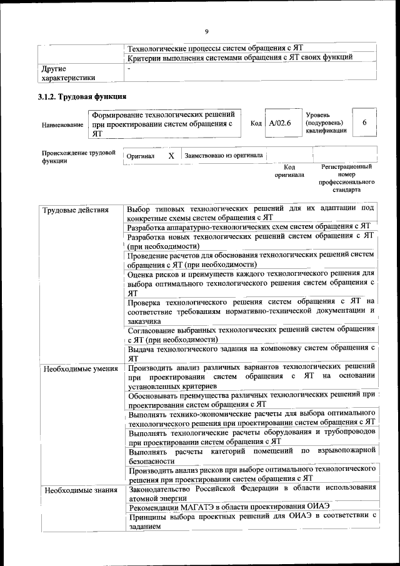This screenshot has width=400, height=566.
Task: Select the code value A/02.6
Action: click(280, 123)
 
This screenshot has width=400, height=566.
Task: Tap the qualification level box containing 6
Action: click(364, 123)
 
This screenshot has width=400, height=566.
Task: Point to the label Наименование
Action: click(62, 125)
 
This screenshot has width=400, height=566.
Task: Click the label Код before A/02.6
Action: click(256, 123)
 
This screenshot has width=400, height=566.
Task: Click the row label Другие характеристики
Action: click(68, 73)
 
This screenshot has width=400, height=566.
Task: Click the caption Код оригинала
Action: click(289, 171)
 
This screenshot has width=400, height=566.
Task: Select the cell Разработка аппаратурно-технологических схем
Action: click(249, 226)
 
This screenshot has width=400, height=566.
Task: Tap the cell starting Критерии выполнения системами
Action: click(240, 58)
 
